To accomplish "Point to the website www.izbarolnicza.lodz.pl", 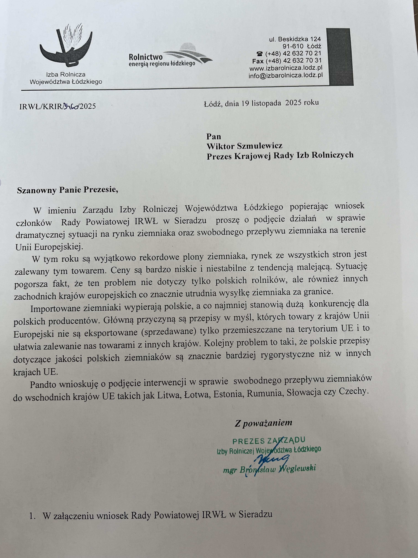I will pos(286,68).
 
